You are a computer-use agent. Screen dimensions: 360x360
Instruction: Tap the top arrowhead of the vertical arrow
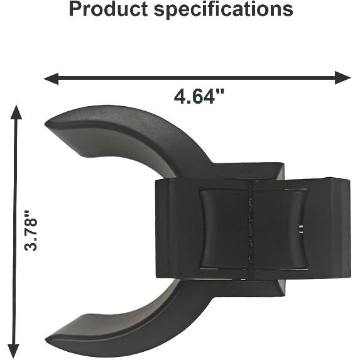[x=16, y=112]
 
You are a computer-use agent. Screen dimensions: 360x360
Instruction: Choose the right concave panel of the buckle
[x=280, y=229]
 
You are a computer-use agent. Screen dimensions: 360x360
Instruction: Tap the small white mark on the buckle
[x=303, y=227]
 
